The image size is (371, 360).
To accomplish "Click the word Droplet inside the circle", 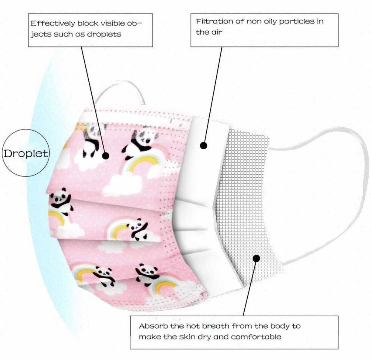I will [26, 153].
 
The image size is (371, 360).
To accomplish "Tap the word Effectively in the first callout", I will [53, 23].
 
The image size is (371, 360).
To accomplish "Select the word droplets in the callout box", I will [104, 34].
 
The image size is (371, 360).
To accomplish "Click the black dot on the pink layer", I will [105, 156].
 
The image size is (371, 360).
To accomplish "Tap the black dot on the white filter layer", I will [203, 146].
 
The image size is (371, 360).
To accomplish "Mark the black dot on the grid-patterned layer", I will [256, 258].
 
